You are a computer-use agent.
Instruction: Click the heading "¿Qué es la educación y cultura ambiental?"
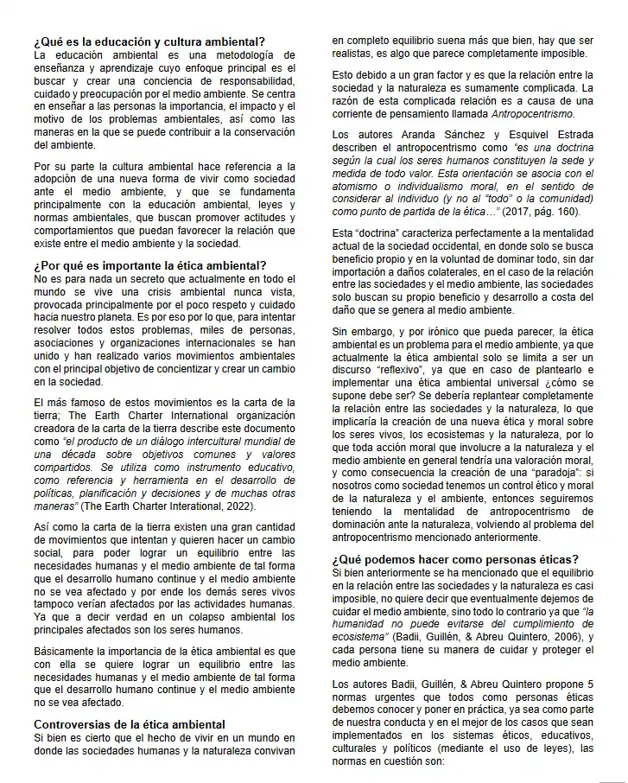[149, 41]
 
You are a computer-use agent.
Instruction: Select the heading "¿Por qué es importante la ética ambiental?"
[150, 265]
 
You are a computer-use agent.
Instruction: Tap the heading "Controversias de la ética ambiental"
[130, 723]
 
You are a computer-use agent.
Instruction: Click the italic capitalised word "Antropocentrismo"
[533, 114]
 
